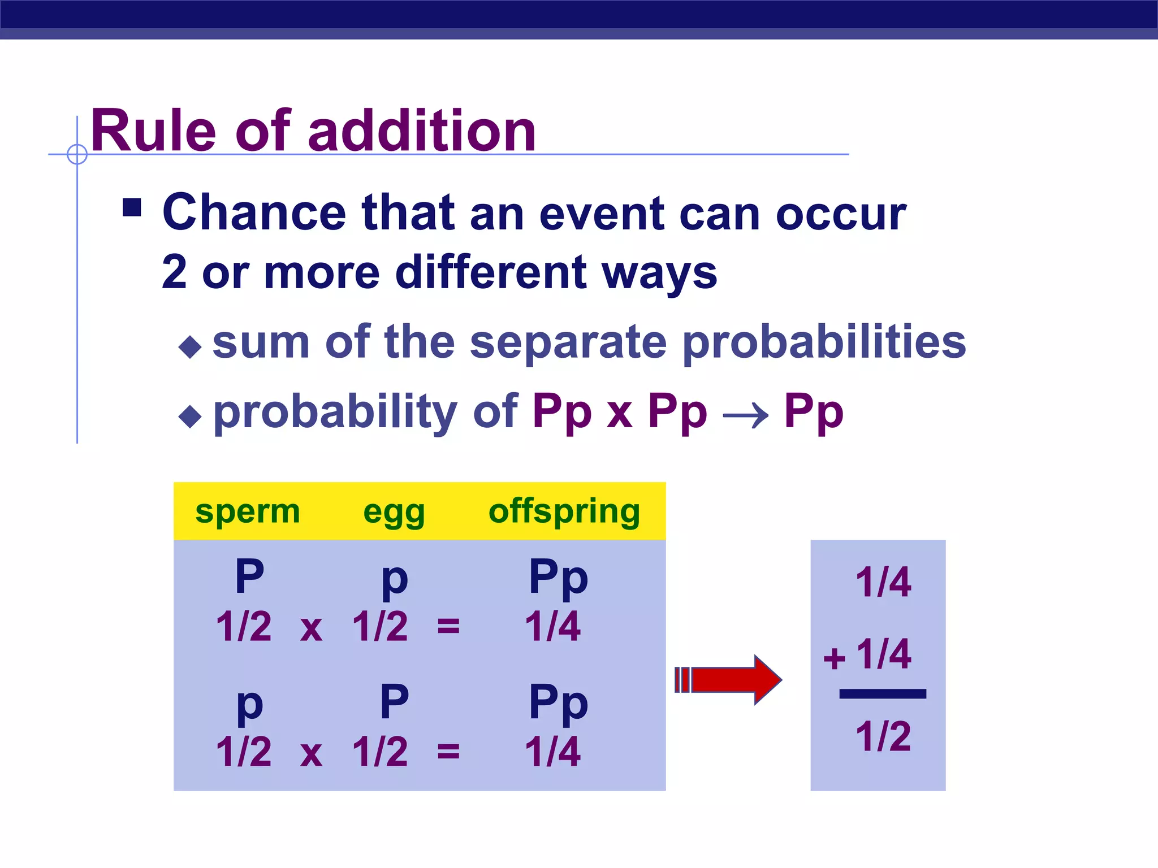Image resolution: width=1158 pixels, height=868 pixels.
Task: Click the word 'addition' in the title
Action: [421, 131]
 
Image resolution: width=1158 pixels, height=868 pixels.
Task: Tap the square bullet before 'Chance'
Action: [132, 207]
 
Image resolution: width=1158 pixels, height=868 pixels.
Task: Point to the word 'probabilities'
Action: [824, 342]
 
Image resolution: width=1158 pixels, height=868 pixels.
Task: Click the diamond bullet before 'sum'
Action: [190, 346]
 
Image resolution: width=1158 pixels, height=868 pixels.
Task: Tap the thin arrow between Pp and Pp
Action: [745, 416]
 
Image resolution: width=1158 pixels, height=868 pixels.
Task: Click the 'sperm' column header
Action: [247, 511]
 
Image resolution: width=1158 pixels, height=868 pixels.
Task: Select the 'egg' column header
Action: [394, 513]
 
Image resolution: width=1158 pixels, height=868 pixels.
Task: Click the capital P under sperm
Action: [249, 576]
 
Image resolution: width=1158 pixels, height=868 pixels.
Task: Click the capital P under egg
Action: [394, 701]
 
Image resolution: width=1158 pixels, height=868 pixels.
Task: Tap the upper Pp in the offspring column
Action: [558, 578]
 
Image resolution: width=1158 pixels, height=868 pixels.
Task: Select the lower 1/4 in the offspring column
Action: [552, 752]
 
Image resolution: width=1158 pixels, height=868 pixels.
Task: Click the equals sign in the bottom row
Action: [448, 752]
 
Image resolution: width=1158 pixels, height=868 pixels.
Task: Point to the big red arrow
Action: [729, 680]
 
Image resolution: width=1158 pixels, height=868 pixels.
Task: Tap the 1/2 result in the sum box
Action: [883, 736]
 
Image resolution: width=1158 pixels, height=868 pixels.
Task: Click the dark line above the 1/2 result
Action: [882, 694]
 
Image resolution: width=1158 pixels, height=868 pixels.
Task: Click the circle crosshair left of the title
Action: [77, 154]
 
